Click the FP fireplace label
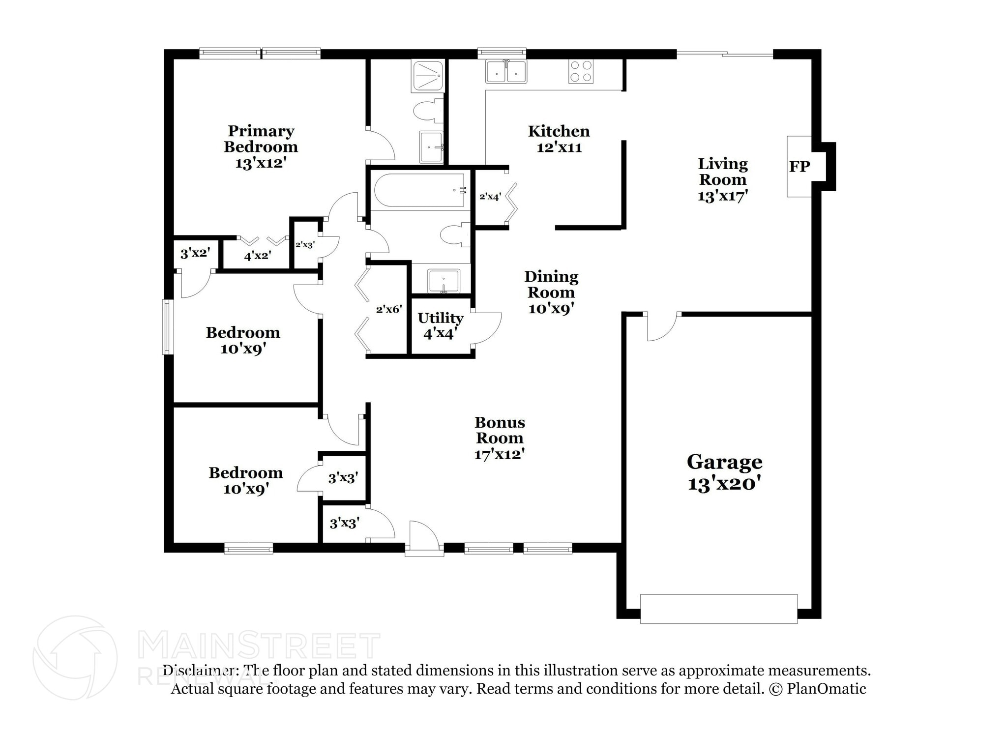coord(799,167)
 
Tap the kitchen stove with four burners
coord(581,71)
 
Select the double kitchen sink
coord(506,71)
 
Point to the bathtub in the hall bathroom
coord(419,190)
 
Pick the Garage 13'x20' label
coord(724,472)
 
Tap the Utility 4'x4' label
coord(440,325)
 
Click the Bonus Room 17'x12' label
coord(499,438)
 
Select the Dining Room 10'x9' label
coord(551,292)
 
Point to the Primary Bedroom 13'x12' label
coord(261,146)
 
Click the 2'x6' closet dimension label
coord(389,309)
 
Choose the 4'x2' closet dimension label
coord(257,256)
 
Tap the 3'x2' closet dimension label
coord(195,253)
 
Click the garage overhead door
coord(718,609)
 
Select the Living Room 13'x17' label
coord(723,179)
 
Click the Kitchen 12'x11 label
coord(559,139)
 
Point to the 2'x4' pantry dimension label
coord(490,197)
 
